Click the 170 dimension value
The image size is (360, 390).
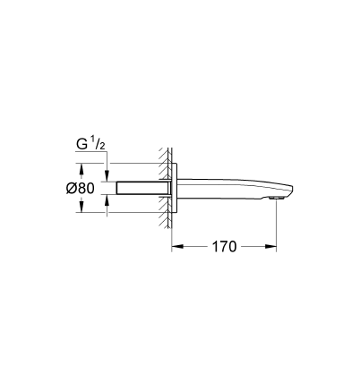coord(224,247)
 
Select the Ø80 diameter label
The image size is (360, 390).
coord(81,188)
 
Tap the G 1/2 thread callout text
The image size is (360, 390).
coord(90,144)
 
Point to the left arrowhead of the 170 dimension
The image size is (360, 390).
coord(177,246)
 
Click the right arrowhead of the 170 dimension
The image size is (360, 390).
coord(270,246)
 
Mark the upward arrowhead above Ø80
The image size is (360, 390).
coord(81,169)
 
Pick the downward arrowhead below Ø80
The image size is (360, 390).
coord(81,207)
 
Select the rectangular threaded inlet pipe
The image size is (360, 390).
coord(143,188)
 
